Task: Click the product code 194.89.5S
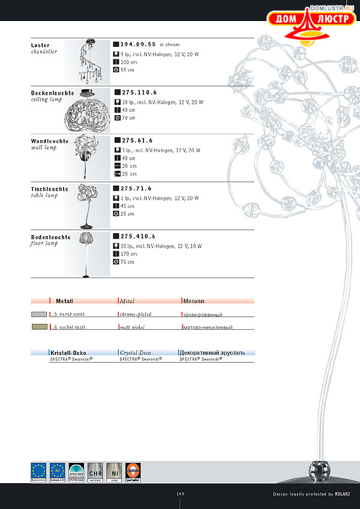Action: coord(138,44)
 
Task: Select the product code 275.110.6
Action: coord(139,92)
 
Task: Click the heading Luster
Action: coord(40,45)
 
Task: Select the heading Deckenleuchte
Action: coord(53,93)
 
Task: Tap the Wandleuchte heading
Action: coord(50,141)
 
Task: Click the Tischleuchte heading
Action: coord(50,189)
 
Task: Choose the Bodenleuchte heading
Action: coord(51,237)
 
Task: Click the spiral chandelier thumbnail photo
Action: coord(88,63)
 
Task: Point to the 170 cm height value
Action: coord(128,254)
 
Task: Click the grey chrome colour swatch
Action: coord(39,314)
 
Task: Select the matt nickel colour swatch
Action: coord(39,327)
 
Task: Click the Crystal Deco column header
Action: coord(136,353)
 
